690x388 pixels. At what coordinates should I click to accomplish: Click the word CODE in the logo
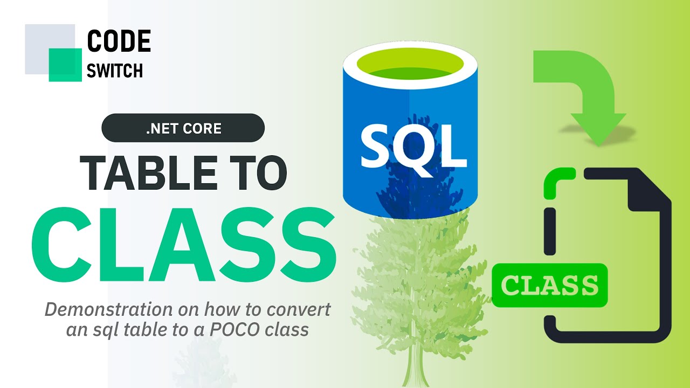coord(119,40)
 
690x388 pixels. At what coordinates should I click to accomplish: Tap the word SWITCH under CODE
coord(115,71)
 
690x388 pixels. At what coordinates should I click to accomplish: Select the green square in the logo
coord(65,65)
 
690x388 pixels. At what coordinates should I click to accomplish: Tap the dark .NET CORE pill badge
coord(183,128)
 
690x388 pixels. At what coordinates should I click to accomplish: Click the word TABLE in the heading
coord(149,173)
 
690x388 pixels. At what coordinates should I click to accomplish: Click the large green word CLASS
coord(184,245)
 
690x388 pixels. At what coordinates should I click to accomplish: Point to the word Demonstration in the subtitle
coord(109,309)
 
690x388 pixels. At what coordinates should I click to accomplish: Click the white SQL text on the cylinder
coord(413,146)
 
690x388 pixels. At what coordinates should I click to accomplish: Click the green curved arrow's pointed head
coord(598,129)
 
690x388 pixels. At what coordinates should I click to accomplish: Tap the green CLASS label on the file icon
coord(550,285)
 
